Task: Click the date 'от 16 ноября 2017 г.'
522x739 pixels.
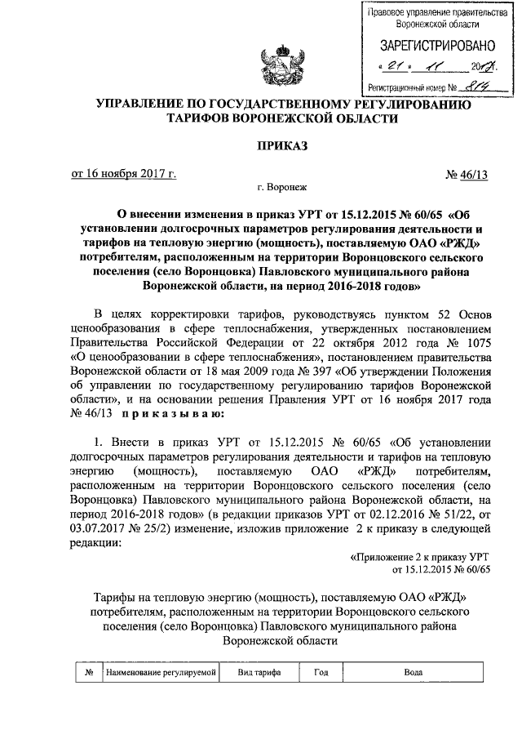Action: coord(123,173)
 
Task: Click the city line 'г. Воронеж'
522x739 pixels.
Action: coord(281,187)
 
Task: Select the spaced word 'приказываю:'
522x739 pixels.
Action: coord(170,415)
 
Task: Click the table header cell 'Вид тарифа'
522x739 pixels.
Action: coord(259,671)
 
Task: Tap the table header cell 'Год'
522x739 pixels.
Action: coord(321,671)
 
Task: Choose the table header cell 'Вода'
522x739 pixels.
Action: coord(413,671)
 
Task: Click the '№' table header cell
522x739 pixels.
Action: coord(87,671)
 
